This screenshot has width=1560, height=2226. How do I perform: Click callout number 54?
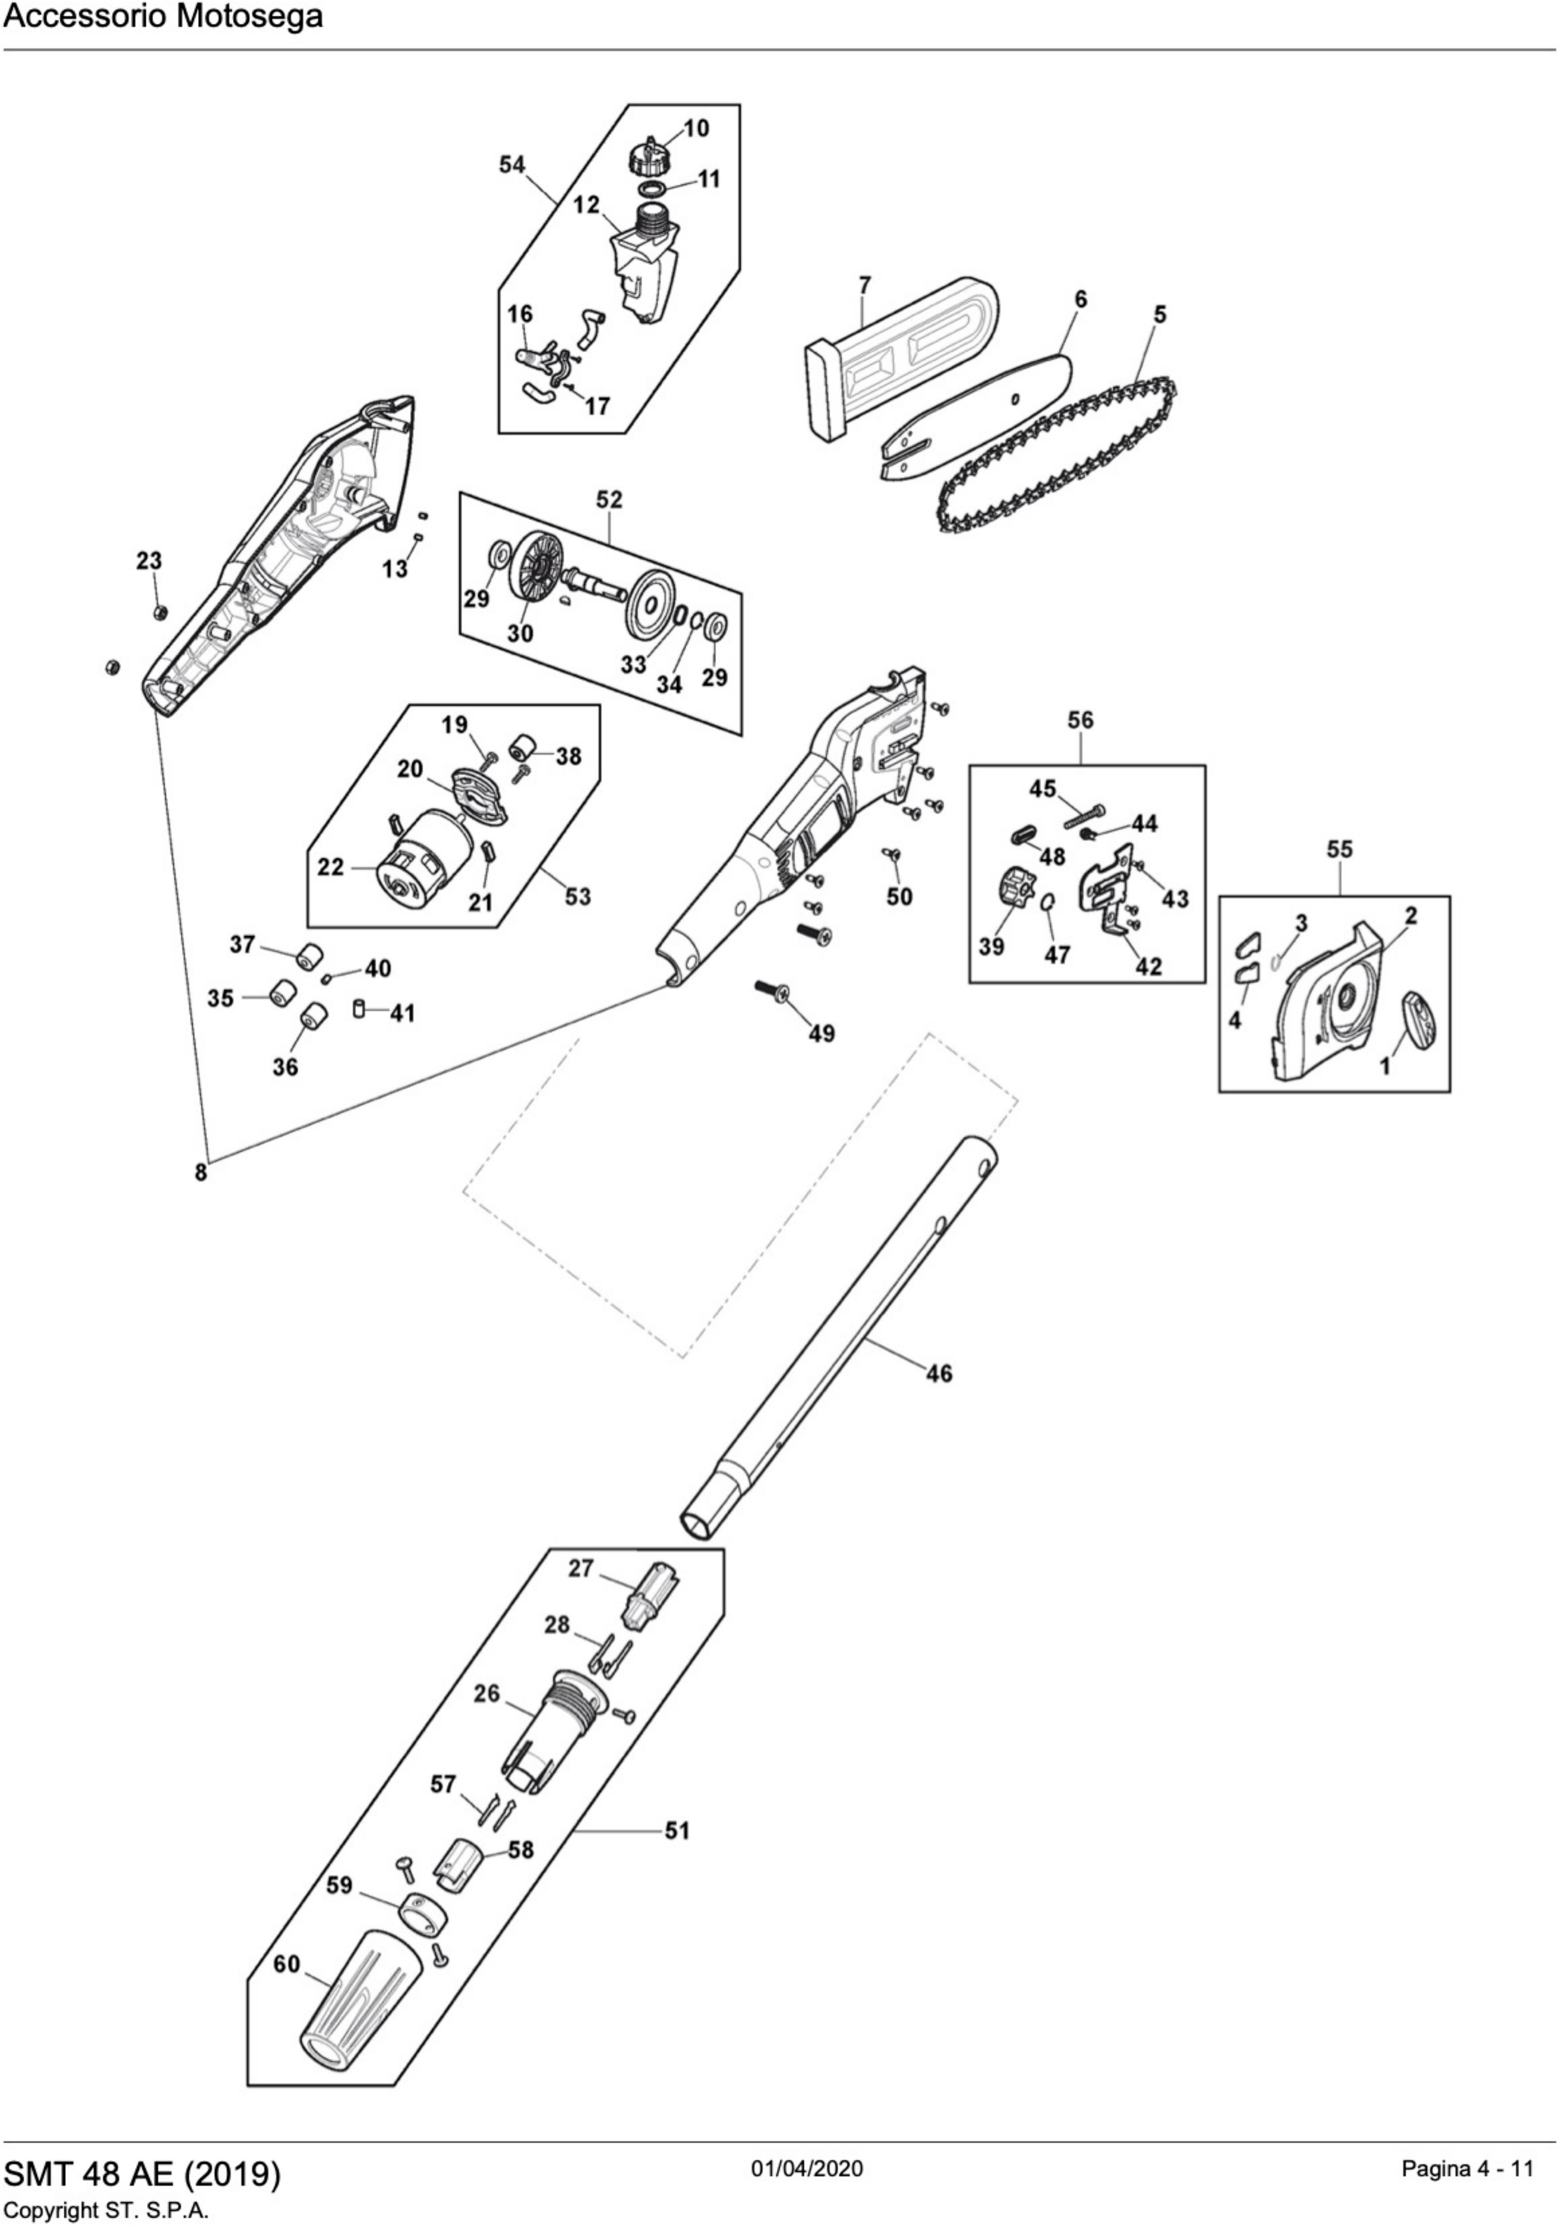pyautogui.click(x=512, y=165)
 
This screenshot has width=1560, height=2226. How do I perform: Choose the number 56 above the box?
pyautogui.click(x=1080, y=720)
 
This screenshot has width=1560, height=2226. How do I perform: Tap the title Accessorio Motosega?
pyautogui.click(x=163, y=17)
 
